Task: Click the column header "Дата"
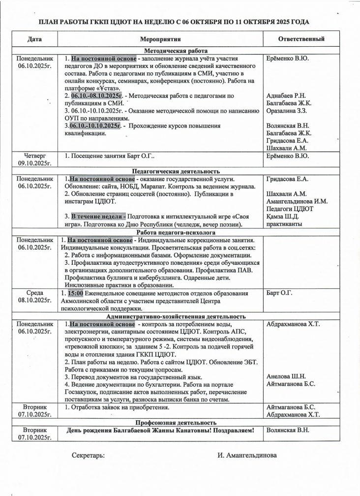(x=35, y=39)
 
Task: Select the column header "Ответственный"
(x=300, y=39)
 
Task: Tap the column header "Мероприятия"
(x=161, y=39)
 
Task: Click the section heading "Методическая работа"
(x=175, y=51)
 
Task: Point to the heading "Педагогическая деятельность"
(x=175, y=171)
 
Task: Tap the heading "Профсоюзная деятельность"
(x=175, y=422)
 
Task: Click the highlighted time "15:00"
(x=76, y=294)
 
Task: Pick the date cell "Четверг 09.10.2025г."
(x=35, y=160)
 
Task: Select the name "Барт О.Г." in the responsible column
(x=279, y=294)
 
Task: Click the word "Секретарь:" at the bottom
(x=88, y=455)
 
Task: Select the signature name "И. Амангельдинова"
(x=247, y=455)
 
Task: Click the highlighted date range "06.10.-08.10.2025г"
(x=96, y=95)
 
